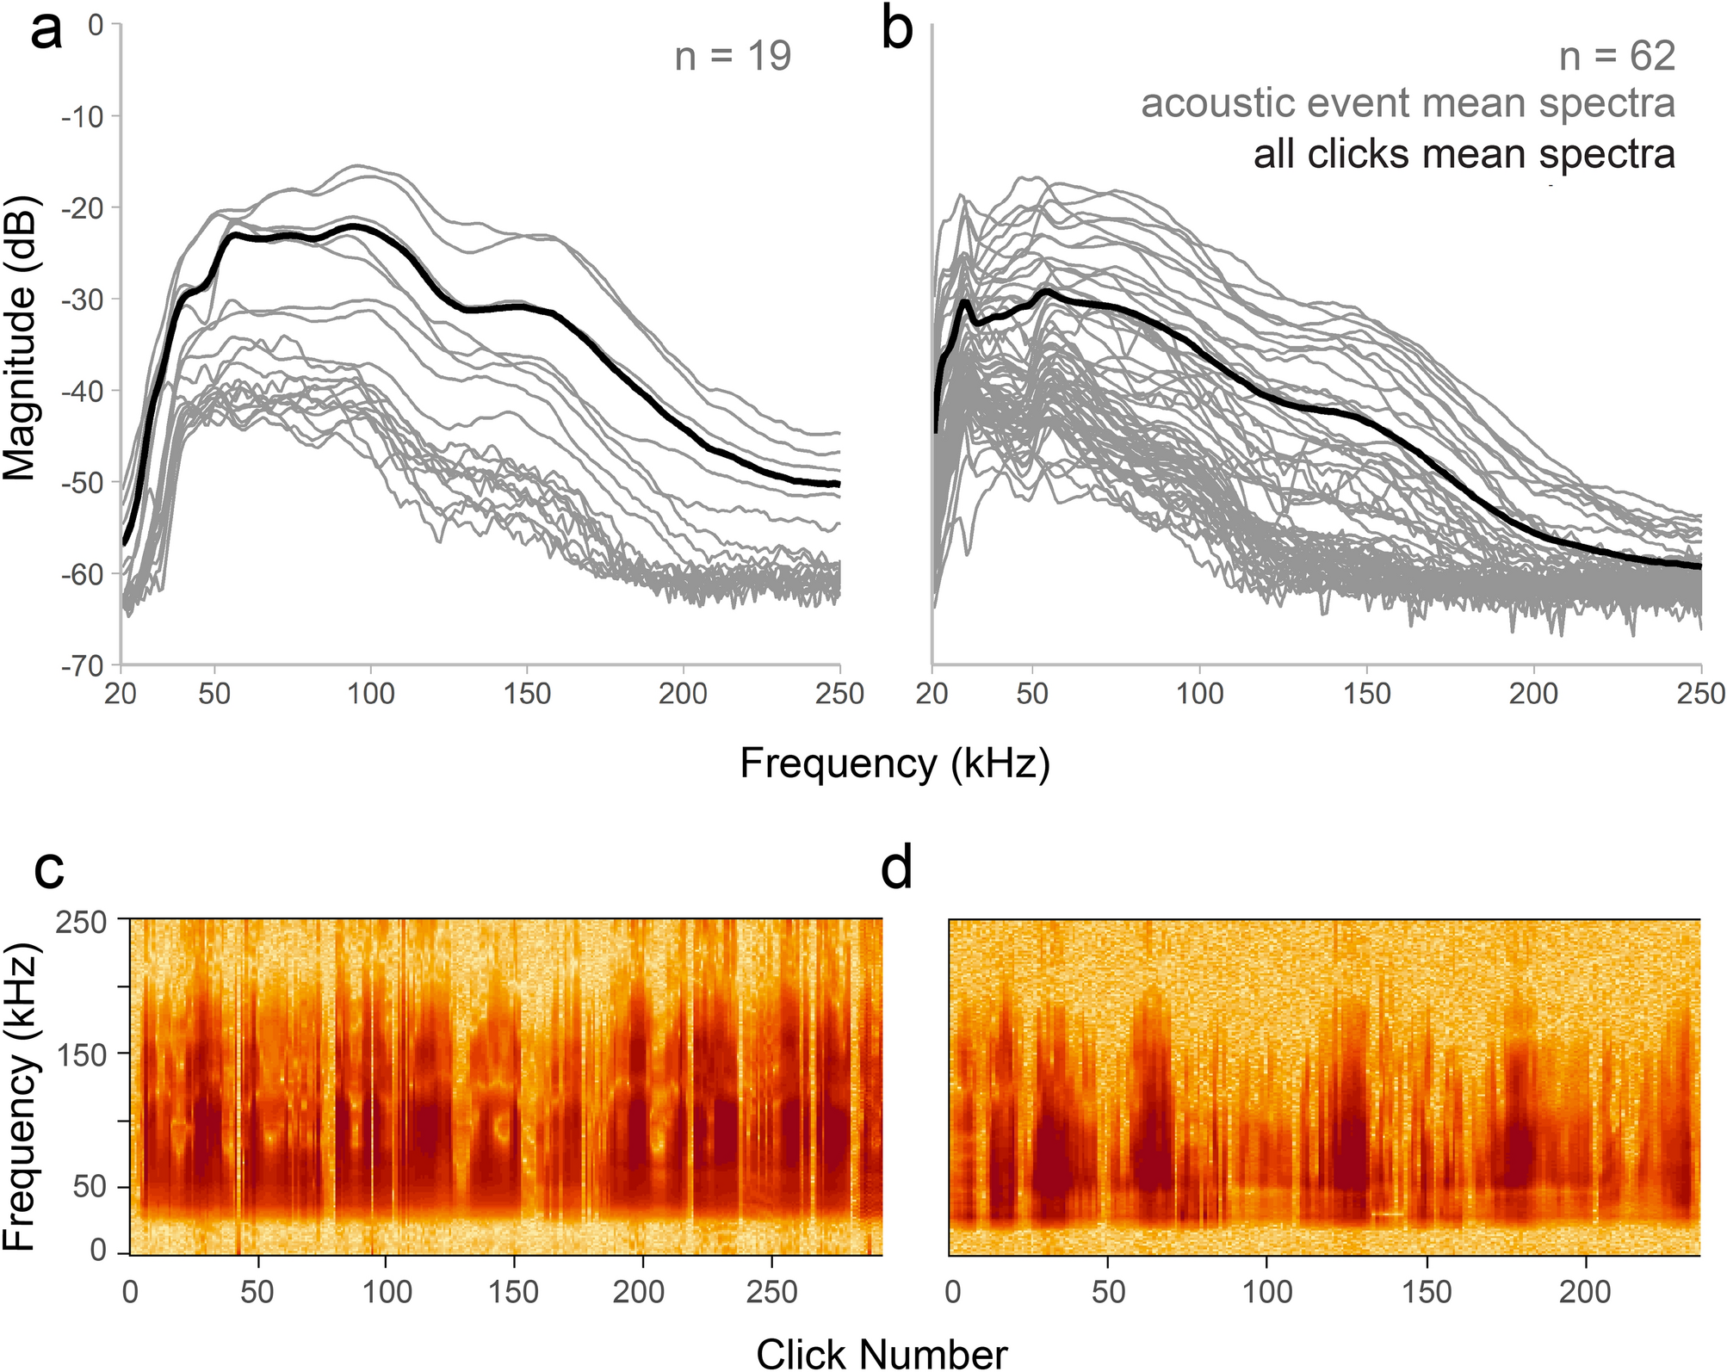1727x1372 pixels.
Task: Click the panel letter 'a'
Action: [46, 33]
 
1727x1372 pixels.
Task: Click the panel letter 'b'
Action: [898, 33]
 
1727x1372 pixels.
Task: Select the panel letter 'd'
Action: [896, 869]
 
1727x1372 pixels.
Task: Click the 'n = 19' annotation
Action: [733, 57]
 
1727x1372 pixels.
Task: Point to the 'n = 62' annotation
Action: [1617, 57]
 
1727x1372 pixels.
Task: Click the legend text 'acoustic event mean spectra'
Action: [1408, 104]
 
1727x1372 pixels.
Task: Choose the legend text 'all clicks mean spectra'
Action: [1464, 155]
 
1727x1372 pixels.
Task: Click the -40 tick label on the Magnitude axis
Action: [83, 392]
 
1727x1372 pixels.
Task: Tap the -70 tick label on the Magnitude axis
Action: [83, 665]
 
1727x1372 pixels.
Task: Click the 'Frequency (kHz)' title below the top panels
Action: [894, 763]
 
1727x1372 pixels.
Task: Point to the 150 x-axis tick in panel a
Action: [527, 694]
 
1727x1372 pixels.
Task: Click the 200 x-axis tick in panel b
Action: [1533, 694]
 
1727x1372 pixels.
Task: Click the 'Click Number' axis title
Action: [882, 1353]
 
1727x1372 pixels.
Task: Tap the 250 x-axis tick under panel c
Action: [771, 1292]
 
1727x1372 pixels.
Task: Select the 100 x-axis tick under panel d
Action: [1267, 1292]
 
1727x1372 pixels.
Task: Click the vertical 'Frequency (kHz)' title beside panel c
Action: [21, 1097]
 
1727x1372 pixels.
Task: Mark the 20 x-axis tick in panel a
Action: [121, 694]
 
